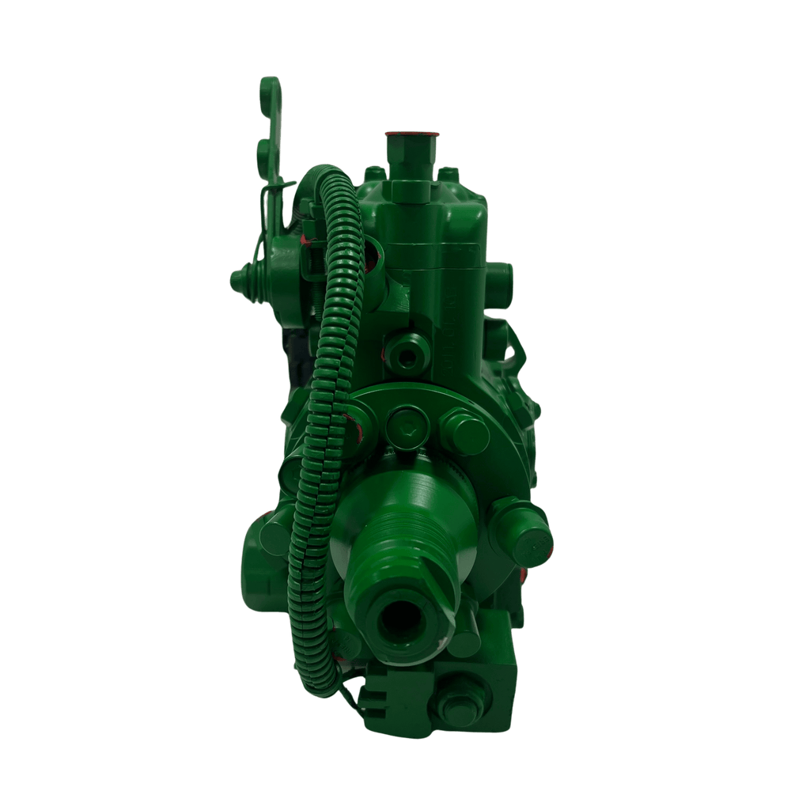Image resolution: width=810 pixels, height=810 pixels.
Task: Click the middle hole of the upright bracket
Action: (264, 150)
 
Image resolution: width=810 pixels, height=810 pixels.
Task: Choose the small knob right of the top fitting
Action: (449, 172)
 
